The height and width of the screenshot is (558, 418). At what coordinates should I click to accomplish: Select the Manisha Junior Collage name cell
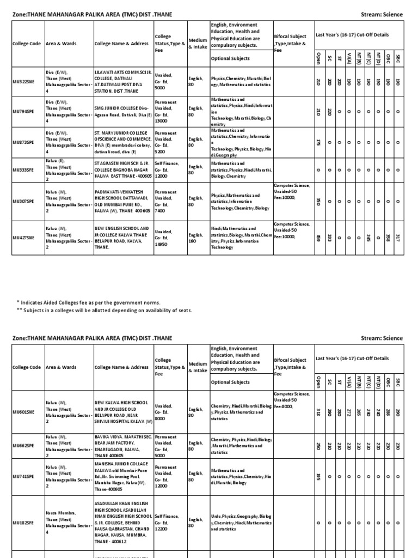[x=122, y=476]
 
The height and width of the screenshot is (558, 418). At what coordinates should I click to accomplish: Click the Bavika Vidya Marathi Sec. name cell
[x=122, y=446]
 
